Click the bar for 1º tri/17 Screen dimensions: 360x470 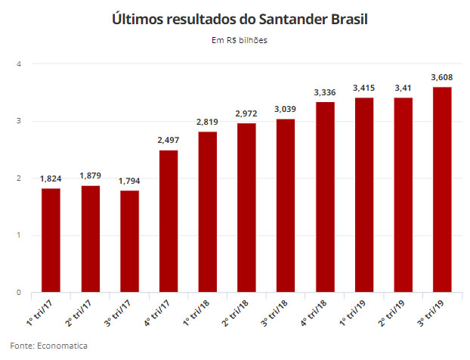(x=51, y=241)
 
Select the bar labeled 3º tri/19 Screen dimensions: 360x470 (x=442, y=190)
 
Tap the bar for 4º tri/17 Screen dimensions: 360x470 (x=169, y=222)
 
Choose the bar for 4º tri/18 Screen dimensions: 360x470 (x=325, y=197)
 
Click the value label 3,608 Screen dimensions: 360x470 (x=442, y=77)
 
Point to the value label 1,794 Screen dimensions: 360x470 (x=129, y=181)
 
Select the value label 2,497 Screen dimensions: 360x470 (x=169, y=140)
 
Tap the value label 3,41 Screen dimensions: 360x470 (x=403, y=88)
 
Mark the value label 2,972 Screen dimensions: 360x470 (x=246, y=113)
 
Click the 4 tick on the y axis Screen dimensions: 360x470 (x=19, y=64)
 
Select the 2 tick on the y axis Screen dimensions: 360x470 (x=19, y=178)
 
